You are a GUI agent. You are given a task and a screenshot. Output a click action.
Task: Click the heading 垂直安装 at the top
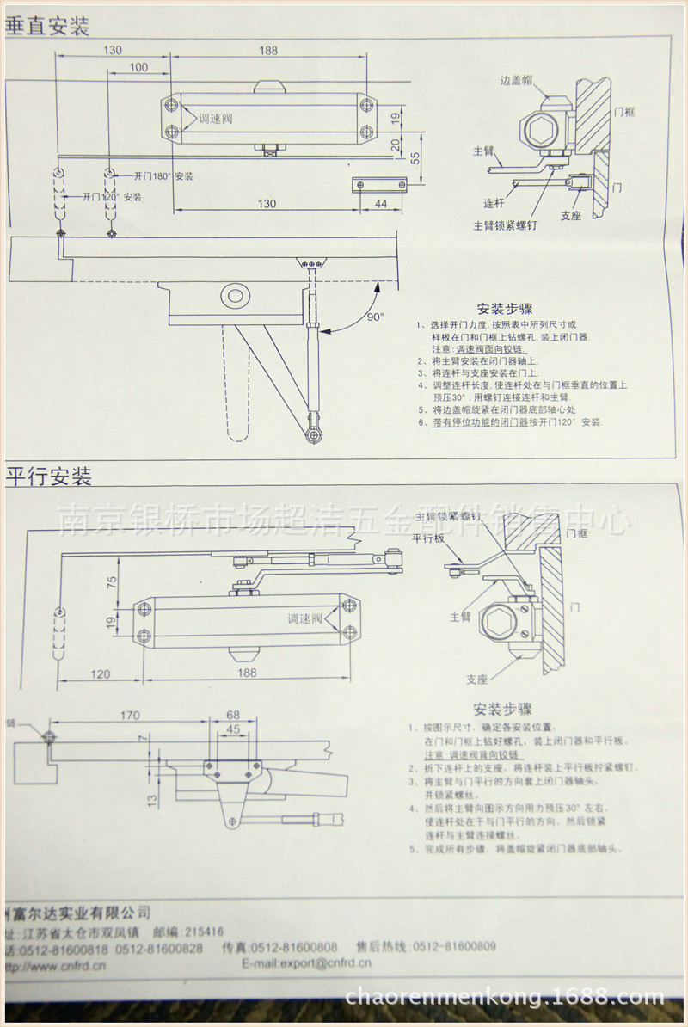[x=47, y=26]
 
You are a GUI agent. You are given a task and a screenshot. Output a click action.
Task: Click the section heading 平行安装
[x=48, y=475]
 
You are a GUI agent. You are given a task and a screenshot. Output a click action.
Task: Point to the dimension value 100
[x=138, y=67]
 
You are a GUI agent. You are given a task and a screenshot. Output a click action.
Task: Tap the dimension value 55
[x=415, y=157]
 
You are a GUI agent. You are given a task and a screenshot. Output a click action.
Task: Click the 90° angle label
[x=376, y=317]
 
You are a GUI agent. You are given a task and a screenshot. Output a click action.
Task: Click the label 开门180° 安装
[x=163, y=176]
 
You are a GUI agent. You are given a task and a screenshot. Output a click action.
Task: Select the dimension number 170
[x=130, y=715]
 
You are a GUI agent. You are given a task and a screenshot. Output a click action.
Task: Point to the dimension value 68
[x=233, y=715]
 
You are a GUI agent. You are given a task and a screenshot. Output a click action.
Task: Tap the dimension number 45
[x=233, y=729]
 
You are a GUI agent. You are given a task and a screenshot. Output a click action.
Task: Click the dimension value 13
[x=151, y=800]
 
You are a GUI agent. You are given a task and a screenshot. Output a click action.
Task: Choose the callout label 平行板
[x=427, y=538]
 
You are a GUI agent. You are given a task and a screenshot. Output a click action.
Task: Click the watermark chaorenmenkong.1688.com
[x=504, y=997]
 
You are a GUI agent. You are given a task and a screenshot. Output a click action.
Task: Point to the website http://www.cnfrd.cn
[x=56, y=966]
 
